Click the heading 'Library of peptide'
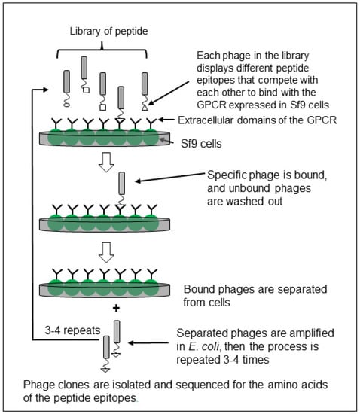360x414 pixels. pos(108,32)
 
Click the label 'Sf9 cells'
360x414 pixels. pos(201,144)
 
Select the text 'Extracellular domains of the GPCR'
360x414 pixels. pos(258,120)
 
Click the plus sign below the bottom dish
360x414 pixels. pos(116,308)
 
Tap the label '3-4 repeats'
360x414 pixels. pos(72,330)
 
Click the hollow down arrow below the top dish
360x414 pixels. pos(106,163)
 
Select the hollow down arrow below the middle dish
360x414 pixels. pos(106,252)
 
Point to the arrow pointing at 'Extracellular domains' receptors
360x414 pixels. pos(166,120)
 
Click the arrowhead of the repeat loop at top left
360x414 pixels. pos(45,90)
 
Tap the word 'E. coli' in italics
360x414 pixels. pos(203,346)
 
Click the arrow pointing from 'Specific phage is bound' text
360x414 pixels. pos(170,178)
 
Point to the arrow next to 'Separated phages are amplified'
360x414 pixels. pos(148,343)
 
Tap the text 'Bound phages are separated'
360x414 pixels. pos(255,289)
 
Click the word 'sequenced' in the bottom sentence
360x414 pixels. pos(202,385)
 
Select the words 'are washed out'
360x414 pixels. pos(245,202)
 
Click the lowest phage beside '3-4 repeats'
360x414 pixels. pos(106,354)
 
